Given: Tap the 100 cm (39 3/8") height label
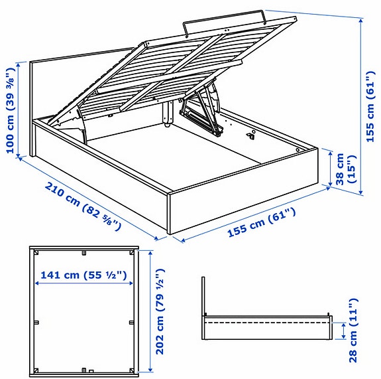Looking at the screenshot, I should click(11, 110).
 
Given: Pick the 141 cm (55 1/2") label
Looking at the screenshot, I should click(83, 273).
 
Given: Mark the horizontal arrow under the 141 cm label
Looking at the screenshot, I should click(83, 284).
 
